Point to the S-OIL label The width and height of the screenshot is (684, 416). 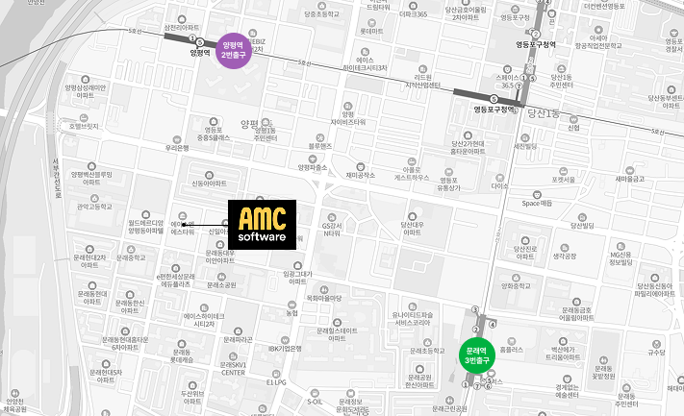click(x=315, y=400)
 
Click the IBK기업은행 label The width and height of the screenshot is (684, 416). click(x=288, y=348)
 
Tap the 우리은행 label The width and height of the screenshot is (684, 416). click(x=176, y=148)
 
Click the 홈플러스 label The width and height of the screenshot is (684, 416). click(x=512, y=350)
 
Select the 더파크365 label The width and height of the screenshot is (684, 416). click(x=412, y=14)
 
